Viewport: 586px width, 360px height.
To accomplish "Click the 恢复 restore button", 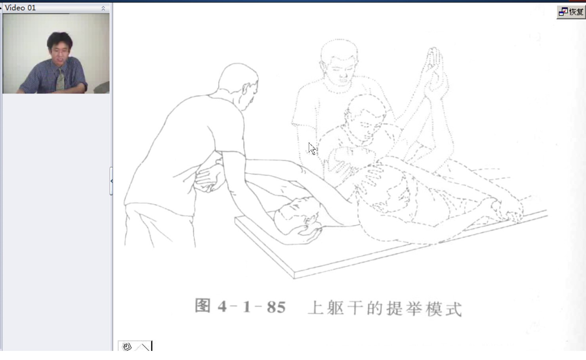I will click(x=571, y=12).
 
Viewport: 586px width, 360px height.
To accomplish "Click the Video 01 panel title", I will click(x=20, y=8).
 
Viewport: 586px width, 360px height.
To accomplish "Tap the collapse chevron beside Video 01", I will click(x=103, y=8).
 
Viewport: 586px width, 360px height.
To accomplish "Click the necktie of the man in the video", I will click(x=60, y=79).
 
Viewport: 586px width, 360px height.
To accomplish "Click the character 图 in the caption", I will click(x=202, y=306).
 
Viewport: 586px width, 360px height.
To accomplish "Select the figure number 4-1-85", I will click(x=252, y=307).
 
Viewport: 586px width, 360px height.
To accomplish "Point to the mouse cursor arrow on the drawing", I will click(x=312, y=149).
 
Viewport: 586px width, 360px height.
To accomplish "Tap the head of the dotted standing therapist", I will click(x=339, y=63).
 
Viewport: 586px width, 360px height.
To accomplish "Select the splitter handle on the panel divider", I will click(x=111, y=181).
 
